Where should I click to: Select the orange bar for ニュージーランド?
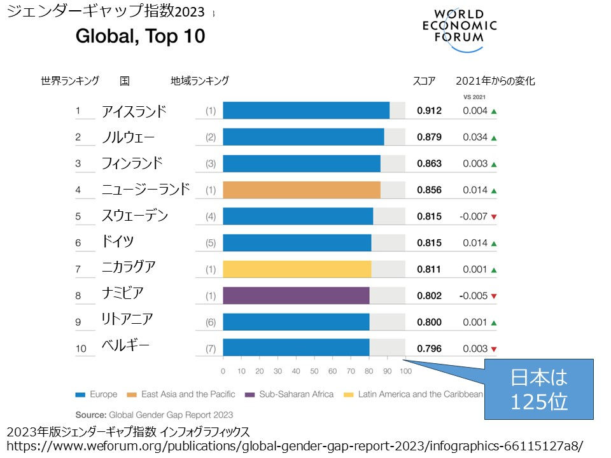[302, 190]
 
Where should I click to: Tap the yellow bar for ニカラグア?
[297, 269]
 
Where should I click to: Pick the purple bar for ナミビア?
[296, 296]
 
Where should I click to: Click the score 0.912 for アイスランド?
[429, 111]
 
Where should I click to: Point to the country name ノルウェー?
[128, 137]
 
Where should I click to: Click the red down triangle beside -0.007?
[494, 217]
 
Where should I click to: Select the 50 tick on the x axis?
[314, 371]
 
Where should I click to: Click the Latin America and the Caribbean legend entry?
[414, 394]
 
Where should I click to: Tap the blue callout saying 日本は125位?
[538, 389]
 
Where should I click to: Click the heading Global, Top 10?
[140, 36]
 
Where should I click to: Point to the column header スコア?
[424, 81]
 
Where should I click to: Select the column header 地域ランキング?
[199, 81]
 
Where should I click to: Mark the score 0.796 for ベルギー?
[429, 349]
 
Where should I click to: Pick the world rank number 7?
[78, 270]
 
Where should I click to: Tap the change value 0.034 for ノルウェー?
[475, 137]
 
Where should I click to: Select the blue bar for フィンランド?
[302, 163]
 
